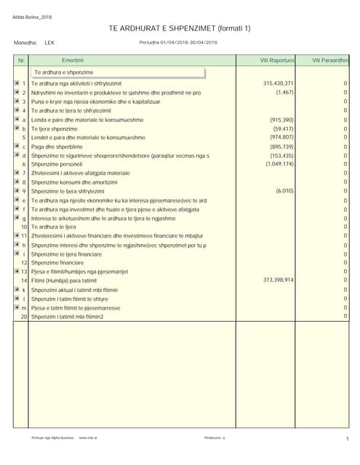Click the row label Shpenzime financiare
pos(58,262)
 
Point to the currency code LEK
pos(49,43)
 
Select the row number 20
pos(23,317)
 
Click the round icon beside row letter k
pos(16,289)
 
